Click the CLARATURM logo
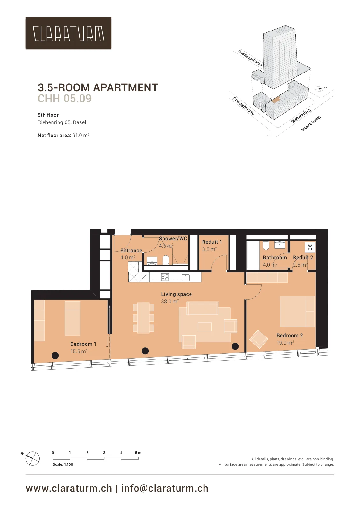(x=68, y=33)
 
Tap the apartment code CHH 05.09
(x=65, y=98)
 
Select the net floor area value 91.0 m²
(x=81, y=136)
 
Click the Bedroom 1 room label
(x=83, y=344)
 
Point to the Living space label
(x=176, y=294)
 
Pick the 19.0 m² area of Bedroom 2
(x=285, y=343)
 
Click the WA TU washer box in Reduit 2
(x=310, y=248)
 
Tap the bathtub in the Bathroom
(x=253, y=255)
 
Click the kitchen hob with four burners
(x=165, y=277)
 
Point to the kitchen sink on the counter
(x=185, y=277)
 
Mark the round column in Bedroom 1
(x=55, y=355)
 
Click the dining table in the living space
(x=143, y=318)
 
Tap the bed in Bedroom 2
(x=297, y=311)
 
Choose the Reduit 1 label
(x=212, y=242)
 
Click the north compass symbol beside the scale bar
(x=32, y=458)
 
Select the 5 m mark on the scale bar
(x=138, y=453)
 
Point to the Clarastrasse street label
(x=243, y=106)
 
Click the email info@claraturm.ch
(x=165, y=488)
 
